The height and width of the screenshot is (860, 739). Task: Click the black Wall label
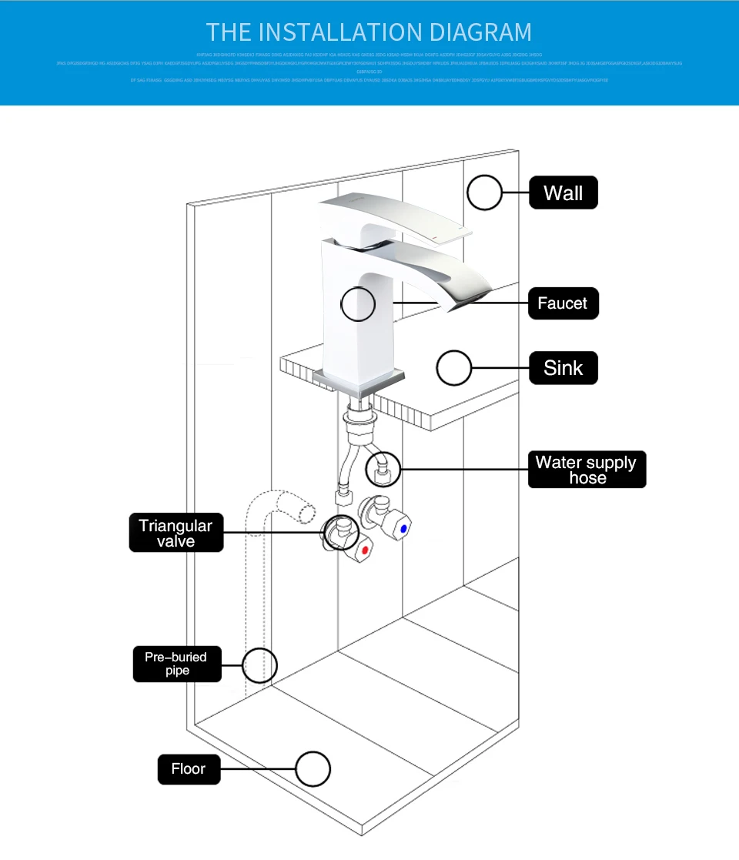click(563, 192)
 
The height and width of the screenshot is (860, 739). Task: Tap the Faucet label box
click(563, 303)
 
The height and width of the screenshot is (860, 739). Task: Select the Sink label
click(563, 368)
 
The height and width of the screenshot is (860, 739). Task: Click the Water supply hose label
click(587, 470)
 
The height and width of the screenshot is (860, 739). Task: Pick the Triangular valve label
click(176, 533)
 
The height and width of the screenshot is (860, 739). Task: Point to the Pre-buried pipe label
click(176, 664)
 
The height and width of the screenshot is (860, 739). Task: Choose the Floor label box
click(189, 768)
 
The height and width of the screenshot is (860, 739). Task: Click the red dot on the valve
click(364, 550)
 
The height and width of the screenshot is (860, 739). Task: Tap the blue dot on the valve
click(403, 530)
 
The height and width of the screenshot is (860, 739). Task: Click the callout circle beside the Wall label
click(485, 192)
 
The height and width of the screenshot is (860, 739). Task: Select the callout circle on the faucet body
click(358, 303)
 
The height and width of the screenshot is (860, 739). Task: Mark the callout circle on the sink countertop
click(453, 368)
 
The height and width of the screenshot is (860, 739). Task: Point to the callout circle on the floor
click(313, 768)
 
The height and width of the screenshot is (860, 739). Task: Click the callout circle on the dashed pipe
click(260, 664)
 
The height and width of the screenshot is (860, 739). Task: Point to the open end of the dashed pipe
click(307, 511)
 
